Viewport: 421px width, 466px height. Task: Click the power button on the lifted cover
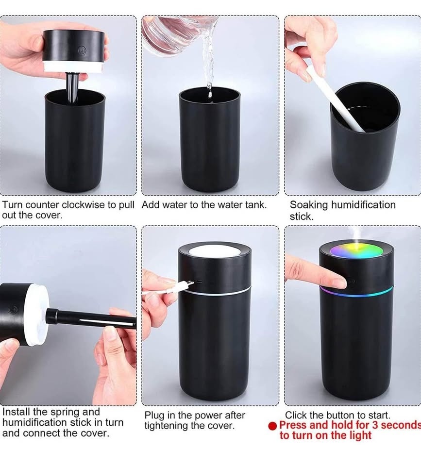click(82, 50)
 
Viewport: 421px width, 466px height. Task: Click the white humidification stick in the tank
click(336, 99)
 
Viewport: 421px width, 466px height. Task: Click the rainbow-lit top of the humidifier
click(357, 250)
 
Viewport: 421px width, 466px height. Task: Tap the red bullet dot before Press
click(272, 426)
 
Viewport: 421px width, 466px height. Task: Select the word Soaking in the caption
click(309, 205)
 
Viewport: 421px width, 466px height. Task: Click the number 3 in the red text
click(375, 425)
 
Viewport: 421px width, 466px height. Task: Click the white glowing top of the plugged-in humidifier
click(214, 251)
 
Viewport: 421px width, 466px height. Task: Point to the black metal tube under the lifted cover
click(72, 87)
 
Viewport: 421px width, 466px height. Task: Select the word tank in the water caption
click(255, 205)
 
